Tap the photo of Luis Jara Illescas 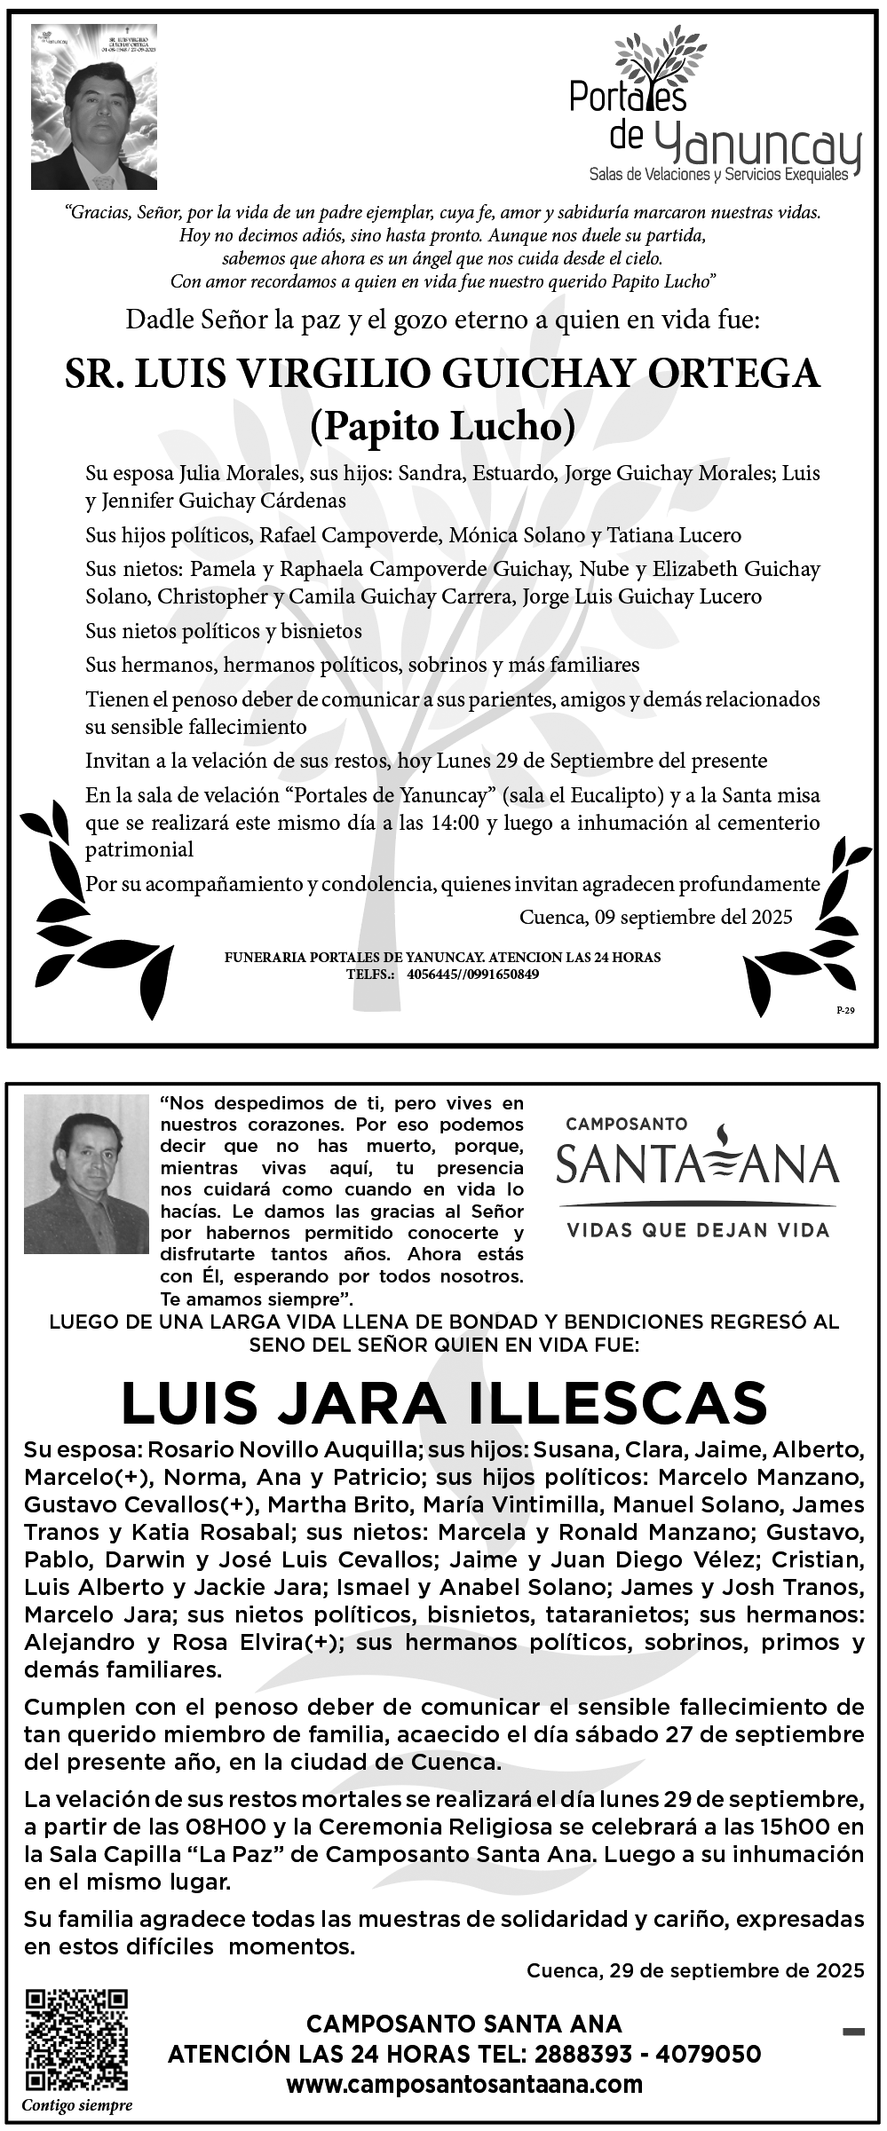86,1173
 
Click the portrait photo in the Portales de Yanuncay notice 94,107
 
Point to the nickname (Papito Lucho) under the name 442,428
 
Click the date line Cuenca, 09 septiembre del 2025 655,916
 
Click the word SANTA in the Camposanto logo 626,1164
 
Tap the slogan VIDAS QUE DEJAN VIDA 697,1230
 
